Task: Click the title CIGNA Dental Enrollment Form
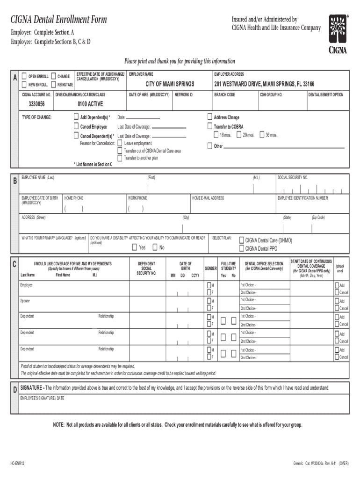(x=59, y=20)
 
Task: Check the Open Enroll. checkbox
(x=24, y=76)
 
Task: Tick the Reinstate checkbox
(x=53, y=84)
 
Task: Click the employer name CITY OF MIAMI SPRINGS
(x=169, y=84)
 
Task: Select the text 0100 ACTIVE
(x=90, y=104)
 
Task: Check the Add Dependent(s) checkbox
(x=77, y=117)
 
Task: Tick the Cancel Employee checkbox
(x=77, y=126)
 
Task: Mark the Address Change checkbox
(x=210, y=117)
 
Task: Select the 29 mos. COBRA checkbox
(x=239, y=135)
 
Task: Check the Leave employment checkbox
(x=120, y=143)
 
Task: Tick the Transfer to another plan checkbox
(x=120, y=158)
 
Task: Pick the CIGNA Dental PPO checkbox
(x=242, y=248)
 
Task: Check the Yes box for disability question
(x=135, y=247)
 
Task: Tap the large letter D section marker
(x=15, y=390)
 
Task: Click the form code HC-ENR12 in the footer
(x=17, y=462)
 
